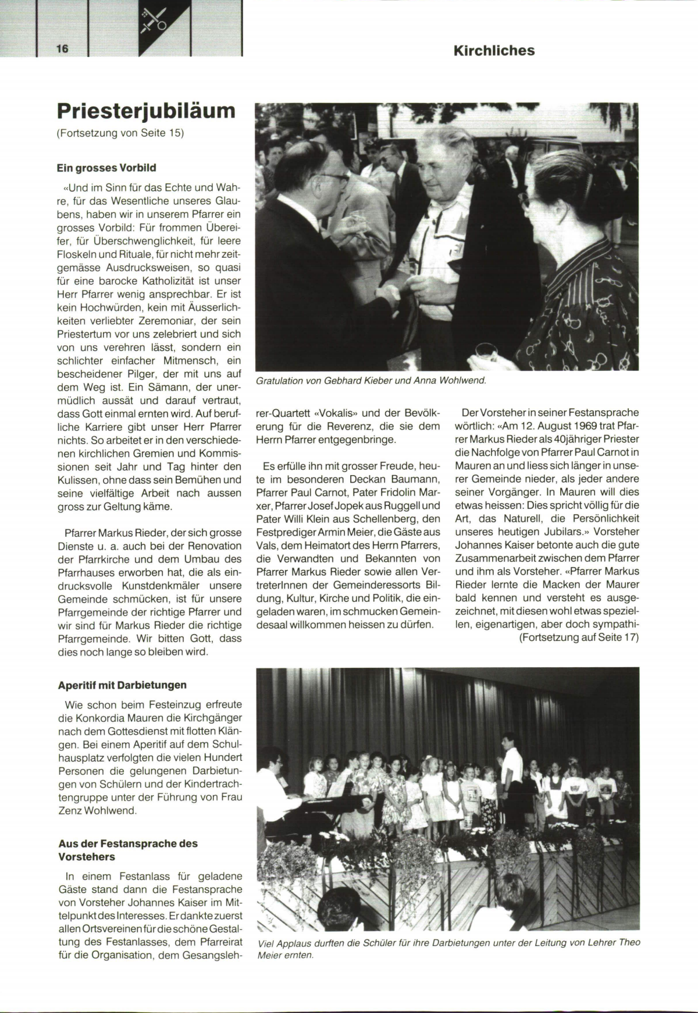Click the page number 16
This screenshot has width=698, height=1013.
62,49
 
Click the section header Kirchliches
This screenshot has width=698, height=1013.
494,51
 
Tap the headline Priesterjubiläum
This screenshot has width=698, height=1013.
146,110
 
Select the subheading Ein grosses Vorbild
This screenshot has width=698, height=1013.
106,168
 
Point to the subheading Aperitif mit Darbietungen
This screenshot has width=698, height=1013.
122,685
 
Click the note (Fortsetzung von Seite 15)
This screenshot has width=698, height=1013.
120,133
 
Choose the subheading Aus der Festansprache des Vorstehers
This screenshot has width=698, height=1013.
128,850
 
